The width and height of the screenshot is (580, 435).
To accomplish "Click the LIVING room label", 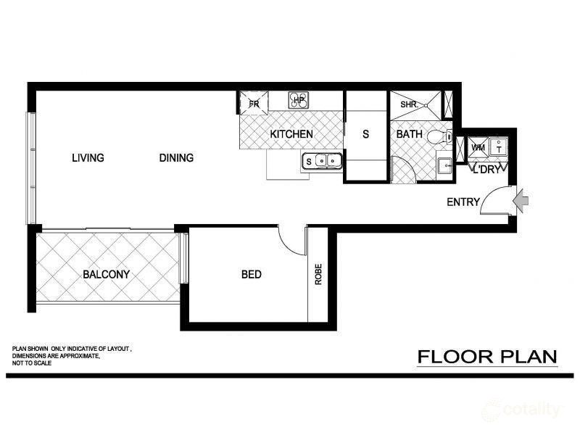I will click(x=88, y=158).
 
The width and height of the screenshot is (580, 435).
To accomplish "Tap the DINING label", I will click(x=176, y=158).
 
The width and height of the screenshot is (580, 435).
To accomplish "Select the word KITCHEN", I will click(x=291, y=134).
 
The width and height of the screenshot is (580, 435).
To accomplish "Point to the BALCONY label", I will click(x=106, y=275).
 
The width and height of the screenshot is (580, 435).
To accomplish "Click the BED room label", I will click(x=251, y=275).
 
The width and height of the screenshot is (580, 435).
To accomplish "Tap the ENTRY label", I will click(x=463, y=202).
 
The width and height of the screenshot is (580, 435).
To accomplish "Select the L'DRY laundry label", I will click(x=486, y=170).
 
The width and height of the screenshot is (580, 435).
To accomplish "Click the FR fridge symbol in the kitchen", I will click(x=254, y=103).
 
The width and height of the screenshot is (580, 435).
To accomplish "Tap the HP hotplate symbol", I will click(x=298, y=100).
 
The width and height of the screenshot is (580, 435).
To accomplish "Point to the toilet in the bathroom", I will click(x=438, y=136).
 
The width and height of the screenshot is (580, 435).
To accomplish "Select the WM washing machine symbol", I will click(x=478, y=147).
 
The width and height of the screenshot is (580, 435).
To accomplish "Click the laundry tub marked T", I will click(x=498, y=147).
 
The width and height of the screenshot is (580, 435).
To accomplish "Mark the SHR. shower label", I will click(x=408, y=104).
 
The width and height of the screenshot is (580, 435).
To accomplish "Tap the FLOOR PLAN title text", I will click(x=486, y=357).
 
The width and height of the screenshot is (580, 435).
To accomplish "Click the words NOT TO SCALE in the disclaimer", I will click(x=31, y=363).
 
